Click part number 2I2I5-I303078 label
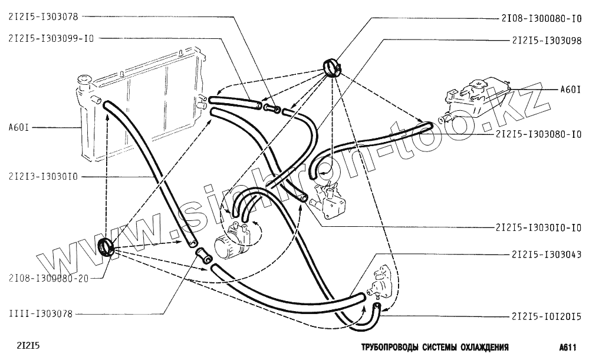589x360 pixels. tap(43, 18)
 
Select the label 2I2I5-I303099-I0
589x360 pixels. tap(51, 38)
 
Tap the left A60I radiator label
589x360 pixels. tap(19, 127)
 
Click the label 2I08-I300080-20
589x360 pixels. tap(48, 279)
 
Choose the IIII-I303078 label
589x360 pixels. tap(40, 314)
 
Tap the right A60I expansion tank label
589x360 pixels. tap(570, 90)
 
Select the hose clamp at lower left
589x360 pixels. tap(106, 247)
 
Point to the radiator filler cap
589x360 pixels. tap(83, 79)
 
